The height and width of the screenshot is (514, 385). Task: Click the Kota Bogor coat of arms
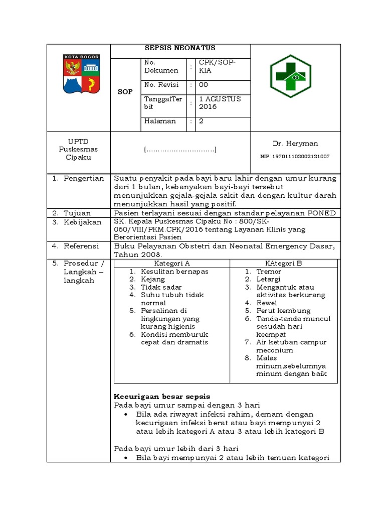pos(81,74)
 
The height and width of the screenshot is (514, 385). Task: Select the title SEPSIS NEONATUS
pos(180,48)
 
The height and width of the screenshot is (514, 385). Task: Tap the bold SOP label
pos(125,92)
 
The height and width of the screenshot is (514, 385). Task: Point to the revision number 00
pos(204,85)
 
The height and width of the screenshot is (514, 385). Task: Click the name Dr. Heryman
pos(295,144)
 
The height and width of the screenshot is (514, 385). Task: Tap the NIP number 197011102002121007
pos(295,157)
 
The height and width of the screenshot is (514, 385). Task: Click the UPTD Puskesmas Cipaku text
pos(78,150)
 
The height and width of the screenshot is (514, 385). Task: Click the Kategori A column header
pos(171,263)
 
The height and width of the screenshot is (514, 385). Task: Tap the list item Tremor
pos(269,271)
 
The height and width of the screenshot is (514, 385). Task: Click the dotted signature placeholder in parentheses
pos(180,150)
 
